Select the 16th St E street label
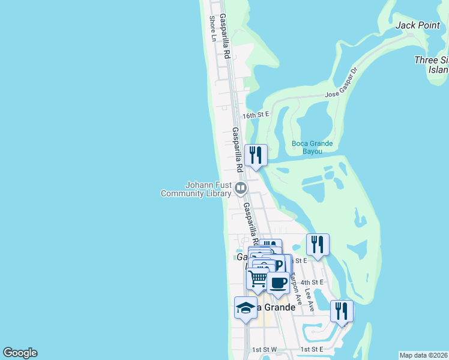pyautogui.click(x=256, y=115)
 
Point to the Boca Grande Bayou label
pyautogui.click(x=312, y=147)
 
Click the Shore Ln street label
pyautogui.click(x=212, y=29)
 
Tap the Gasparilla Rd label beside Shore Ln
pyautogui.click(x=224, y=36)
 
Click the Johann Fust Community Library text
pyautogui.click(x=196, y=189)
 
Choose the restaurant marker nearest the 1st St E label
pyautogui.click(x=342, y=311)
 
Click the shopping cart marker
pyautogui.click(x=258, y=278)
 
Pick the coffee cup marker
pyautogui.click(x=278, y=281)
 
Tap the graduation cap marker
pyautogui.click(x=245, y=308)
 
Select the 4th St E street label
pyautogui.click(x=312, y=282)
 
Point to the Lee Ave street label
pyautogui.click(x=310, y=298)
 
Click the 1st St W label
pyautogui.click(x=264, y=349)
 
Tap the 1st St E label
pyautogui.click(x=312, y=349)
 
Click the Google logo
pyautogui.click(x=20, y=353)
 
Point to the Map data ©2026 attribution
pyautogui.click(x=423, y=355)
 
